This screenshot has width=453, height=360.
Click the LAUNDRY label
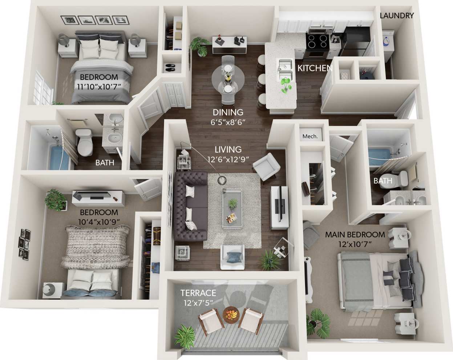click(x=397, y=16)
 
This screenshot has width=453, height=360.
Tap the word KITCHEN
click(x=315, y=68)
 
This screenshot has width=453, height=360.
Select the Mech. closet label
click(x=310, y=137)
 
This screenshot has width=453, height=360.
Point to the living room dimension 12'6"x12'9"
click(x=228, y=159)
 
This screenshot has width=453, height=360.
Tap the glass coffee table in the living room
click(x=232, y=208)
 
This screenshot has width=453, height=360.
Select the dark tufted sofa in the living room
click(x=190, y=206)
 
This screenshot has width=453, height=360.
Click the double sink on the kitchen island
click(x=286, y=70)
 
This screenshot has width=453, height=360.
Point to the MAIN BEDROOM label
click(x=355, y=235)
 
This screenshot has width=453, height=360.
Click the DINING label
click(x=228, y=112)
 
